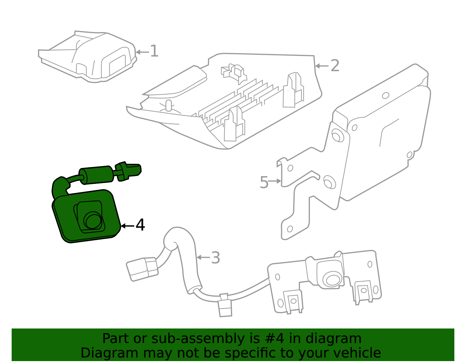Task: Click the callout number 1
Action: (154, 51)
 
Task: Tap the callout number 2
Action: (335, 66)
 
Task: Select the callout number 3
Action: (216, 258)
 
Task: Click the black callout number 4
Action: (140, 225)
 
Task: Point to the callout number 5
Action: (264, 183)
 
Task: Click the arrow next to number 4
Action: (127, 226)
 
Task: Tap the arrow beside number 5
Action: (274, 181)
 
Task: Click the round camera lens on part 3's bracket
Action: (332, 280)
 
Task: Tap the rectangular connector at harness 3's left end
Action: (142, 269)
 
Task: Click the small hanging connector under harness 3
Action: (225, 308)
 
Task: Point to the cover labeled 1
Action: (87, 57)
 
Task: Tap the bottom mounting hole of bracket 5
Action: (290, 229)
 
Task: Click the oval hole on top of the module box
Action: (386, 95)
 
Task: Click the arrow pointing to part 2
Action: (322, 66)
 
